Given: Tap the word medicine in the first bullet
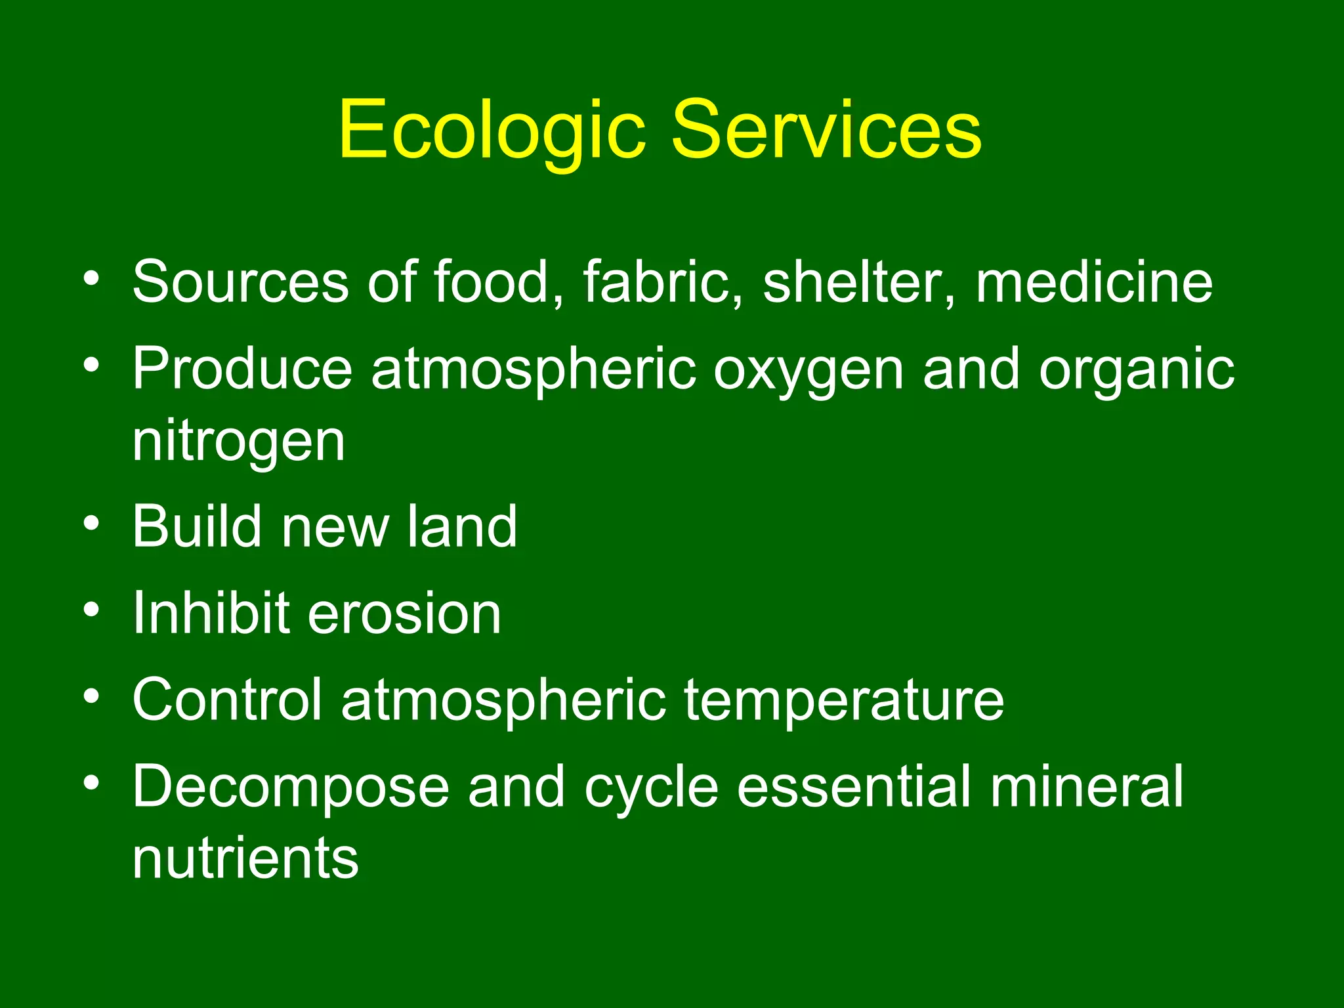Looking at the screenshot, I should click(1094, 282).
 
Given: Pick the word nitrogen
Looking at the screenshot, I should click(239, 444).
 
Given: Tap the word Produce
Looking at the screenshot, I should click(242, 369).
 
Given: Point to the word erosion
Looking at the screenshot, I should click(404, 614).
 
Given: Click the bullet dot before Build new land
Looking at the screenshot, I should click(92, 524).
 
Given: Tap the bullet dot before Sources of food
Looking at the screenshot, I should click(92, 278).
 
